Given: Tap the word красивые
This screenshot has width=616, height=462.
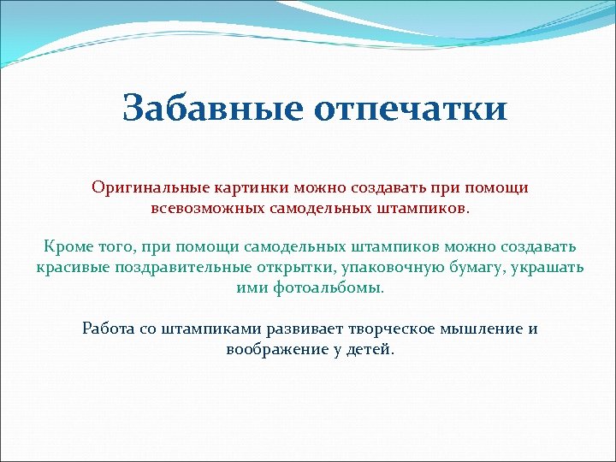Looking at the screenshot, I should tap(72, 268).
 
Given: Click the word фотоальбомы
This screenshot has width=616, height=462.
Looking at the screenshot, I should tap(329, 288).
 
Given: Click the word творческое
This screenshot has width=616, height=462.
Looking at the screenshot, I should tap(391, 328).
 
